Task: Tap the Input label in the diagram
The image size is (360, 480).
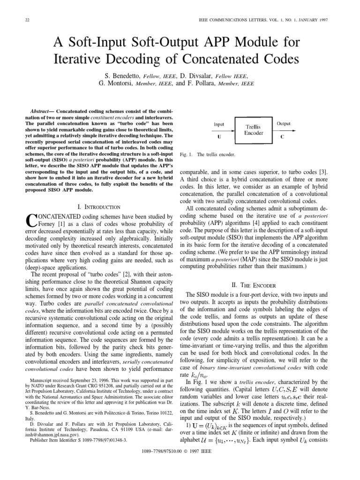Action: point(219,124)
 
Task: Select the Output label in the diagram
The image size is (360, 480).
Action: point(284,124)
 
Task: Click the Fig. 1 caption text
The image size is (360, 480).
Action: point(208,154)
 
